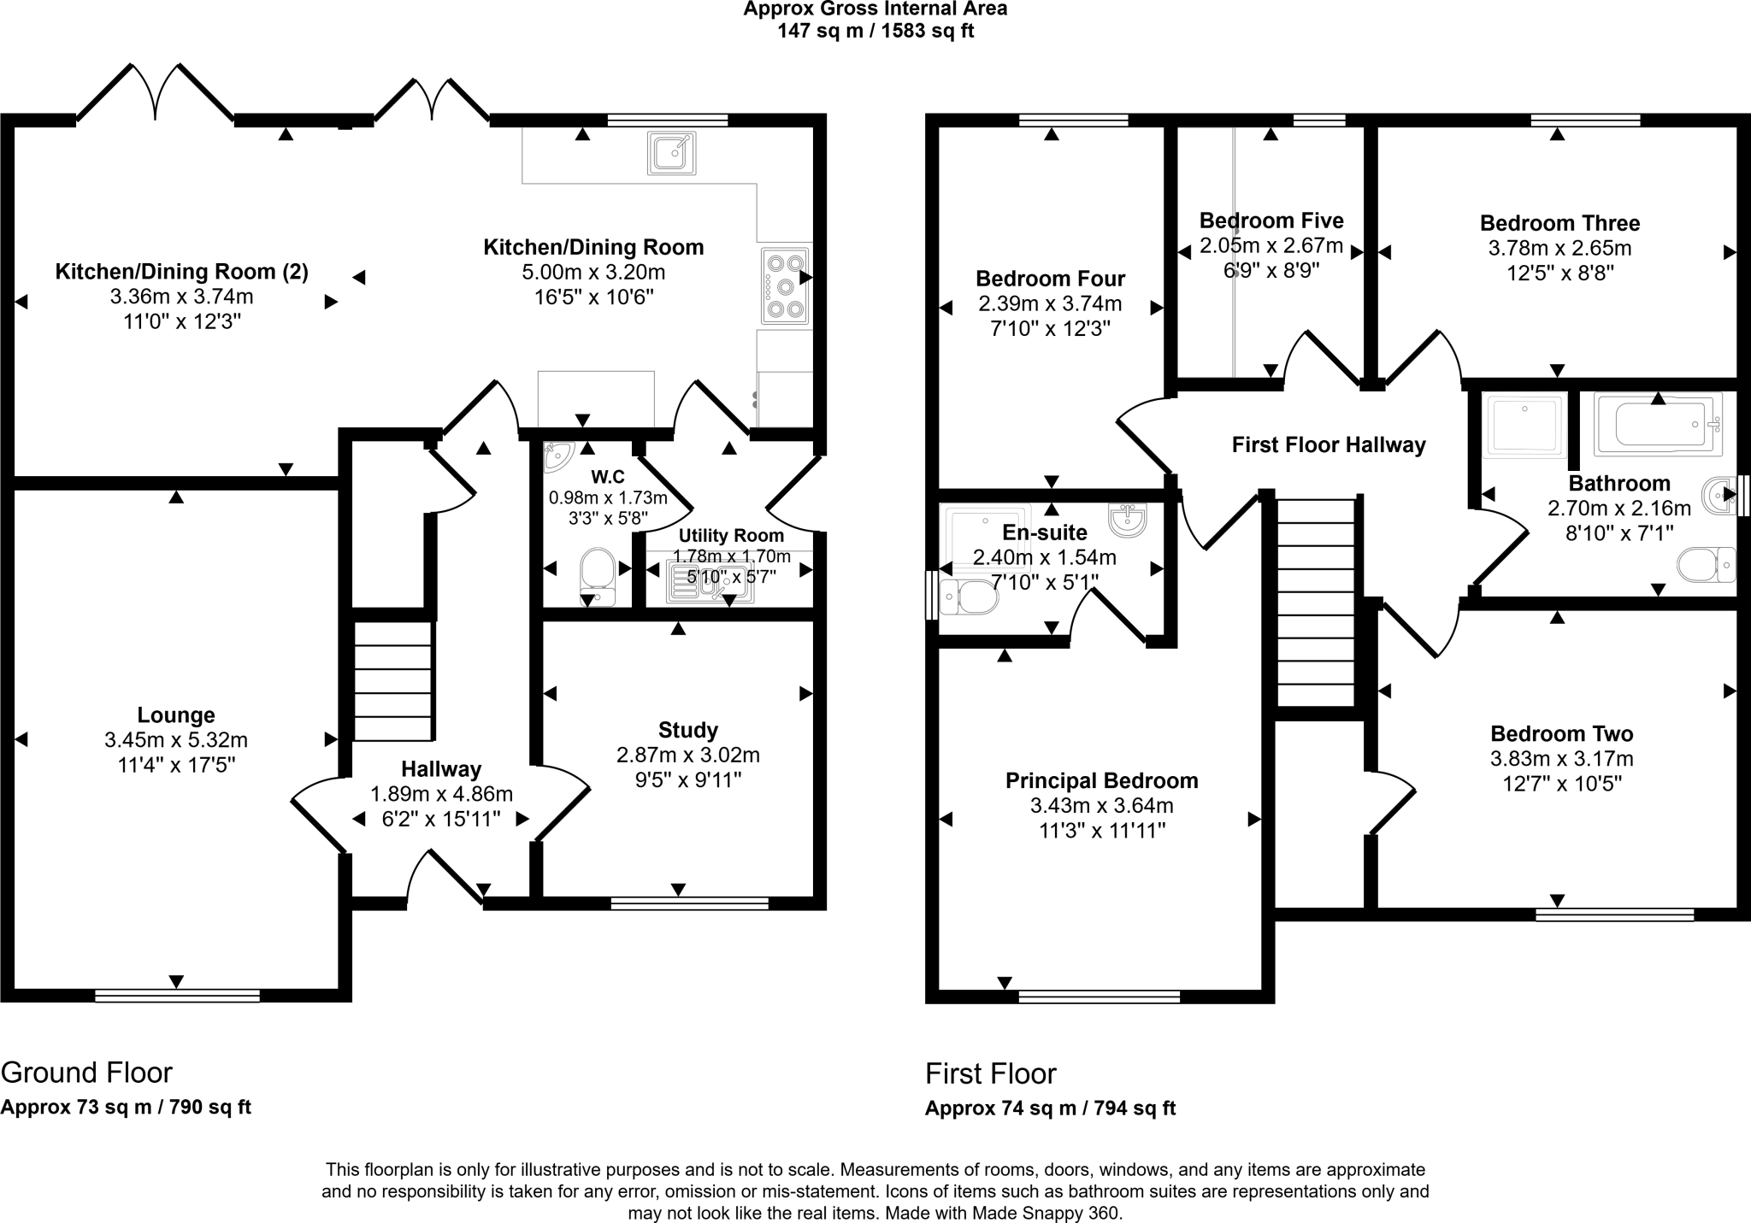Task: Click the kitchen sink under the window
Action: click(x=671, y=153)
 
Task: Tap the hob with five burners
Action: click(x=784, y=286)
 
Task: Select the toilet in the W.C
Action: click(x=598, y=576)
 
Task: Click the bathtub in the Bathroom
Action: click(x=1658, y=424)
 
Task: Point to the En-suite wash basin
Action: click(x=1127, y=520)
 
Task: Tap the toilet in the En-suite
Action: click(x=969, y=597)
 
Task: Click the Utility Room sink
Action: click(x=710, y=581)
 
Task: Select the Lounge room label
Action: click(x=176, y=715)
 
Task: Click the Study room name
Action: click(x=688, y=731)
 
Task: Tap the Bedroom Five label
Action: click(x=1271, y=220)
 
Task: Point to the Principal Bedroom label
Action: click(x=1102, y=780)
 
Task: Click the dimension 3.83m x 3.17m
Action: click(x=1562, y=758)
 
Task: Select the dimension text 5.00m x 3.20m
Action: click(x=593, y=273)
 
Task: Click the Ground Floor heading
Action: click(x=86, y=1072)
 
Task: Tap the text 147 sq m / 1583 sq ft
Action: click(x=875, y=32)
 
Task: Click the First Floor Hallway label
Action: click(x=1329, y=445)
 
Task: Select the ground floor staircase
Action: click(x=393, y=681)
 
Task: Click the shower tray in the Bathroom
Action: click(x=1526, y=424)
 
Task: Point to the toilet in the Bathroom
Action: click(x=1707, y=564)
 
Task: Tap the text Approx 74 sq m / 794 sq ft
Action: click(x=1050, y=1108)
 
